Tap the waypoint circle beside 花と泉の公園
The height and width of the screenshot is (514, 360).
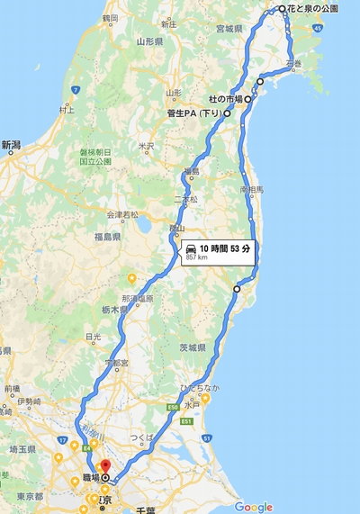coord(282,8)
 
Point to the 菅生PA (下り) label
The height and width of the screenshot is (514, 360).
coord(193,114)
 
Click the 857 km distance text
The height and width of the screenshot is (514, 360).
coord(198,257)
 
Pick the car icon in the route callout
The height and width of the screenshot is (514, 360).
coord(191,248)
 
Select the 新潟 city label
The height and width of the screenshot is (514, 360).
coord(11,144)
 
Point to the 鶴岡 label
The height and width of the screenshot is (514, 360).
coord(111,17)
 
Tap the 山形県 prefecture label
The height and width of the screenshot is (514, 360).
coord(148,41)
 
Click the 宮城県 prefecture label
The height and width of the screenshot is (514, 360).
coord(229,29)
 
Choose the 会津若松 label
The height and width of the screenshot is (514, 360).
coord(122,214)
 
